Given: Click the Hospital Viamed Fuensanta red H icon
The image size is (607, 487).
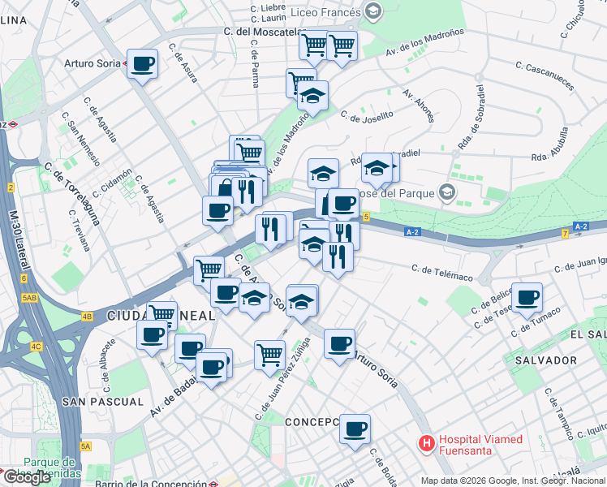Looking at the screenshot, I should coord(425,444).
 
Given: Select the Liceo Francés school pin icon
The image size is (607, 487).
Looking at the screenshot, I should coord(373,11).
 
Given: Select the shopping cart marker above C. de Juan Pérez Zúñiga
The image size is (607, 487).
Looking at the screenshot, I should coord(269,353).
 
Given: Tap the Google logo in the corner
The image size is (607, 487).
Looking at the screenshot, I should coord(28,477).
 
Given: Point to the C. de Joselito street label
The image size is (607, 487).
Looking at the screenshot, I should coord(367,115).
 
